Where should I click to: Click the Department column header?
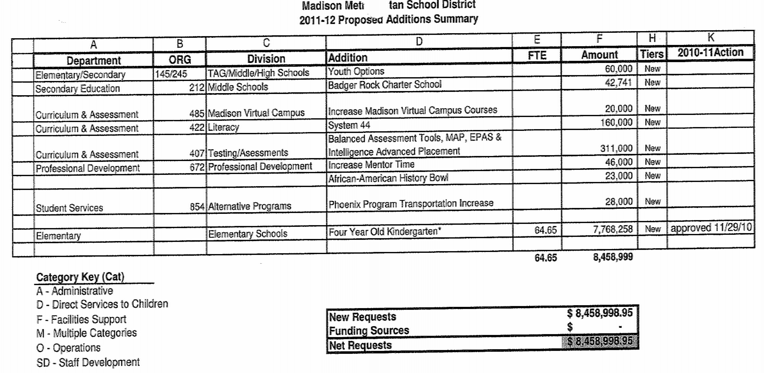pyautogui.click(x=93, y=60)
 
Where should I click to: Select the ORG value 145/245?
pyautogui.click(x=171, y=74)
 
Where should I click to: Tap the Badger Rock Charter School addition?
pyautogui.click(x=385, y=85)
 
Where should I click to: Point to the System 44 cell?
pyautogui.click(x=349, y=125)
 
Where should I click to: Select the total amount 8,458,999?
pyautogui.click(x=613, y=257)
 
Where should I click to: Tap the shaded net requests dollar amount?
pyautogui.click(x=600, y=341)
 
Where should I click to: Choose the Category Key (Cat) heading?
pyautogui.click(x=80, y=277)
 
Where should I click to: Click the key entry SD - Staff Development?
pyautogui.click(x=88, y=362)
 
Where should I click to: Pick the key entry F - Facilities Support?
pyautogui.click(x=81, y=319)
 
